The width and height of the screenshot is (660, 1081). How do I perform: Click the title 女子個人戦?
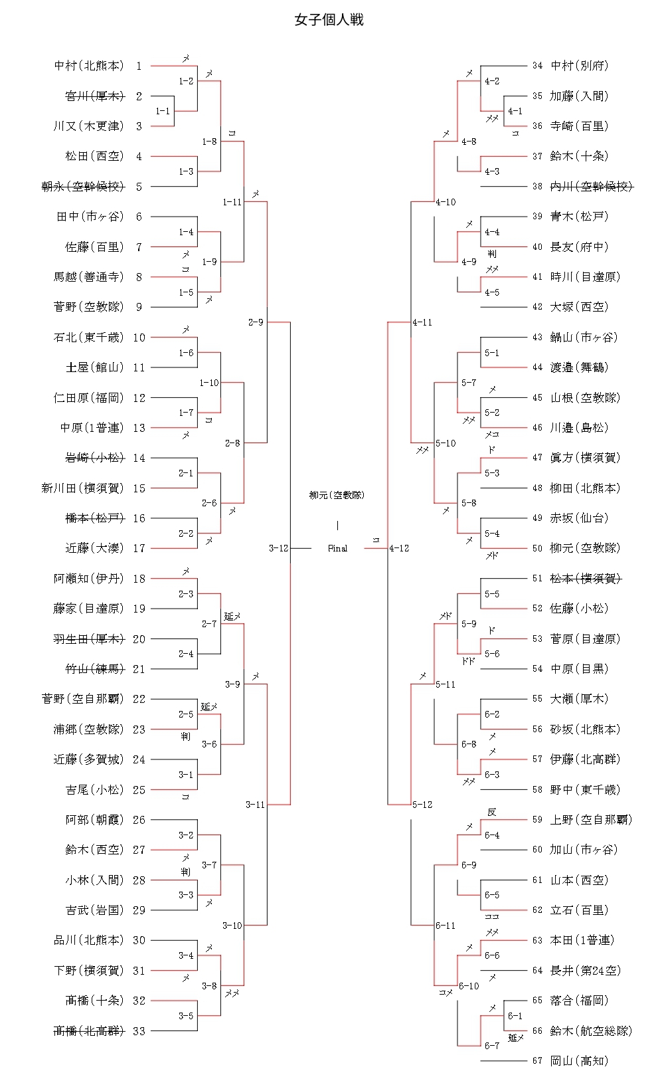[329, 20]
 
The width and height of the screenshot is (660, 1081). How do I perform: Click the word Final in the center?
[337, 548]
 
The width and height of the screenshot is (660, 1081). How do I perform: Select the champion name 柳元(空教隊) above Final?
[337, 495]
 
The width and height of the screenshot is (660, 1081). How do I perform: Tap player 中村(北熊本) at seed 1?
[89, 66]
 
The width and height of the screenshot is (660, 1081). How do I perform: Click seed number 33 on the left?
[139, 1031]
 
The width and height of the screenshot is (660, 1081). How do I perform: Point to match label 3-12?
[279, 548]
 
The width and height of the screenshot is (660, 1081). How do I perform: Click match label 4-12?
[399, 548]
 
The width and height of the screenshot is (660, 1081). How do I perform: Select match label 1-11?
[232, 202]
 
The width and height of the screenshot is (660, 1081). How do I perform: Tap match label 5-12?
[422, 805]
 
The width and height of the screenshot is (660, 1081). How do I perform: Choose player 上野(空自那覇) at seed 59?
[591, 819]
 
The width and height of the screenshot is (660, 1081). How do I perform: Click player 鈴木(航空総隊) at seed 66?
[591, 1031]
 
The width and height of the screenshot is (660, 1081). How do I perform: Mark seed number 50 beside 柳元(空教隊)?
[537, 548]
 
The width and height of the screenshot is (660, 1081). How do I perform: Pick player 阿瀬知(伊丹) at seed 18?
[89, 578]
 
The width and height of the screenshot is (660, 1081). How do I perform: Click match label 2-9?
[256, 322]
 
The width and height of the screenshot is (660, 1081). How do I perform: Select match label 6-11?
[446, 926]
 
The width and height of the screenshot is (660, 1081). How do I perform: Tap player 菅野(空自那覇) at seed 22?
[83, 699]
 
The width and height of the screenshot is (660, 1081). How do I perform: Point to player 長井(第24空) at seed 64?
[586, 970]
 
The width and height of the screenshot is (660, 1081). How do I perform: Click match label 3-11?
[256, 805]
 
